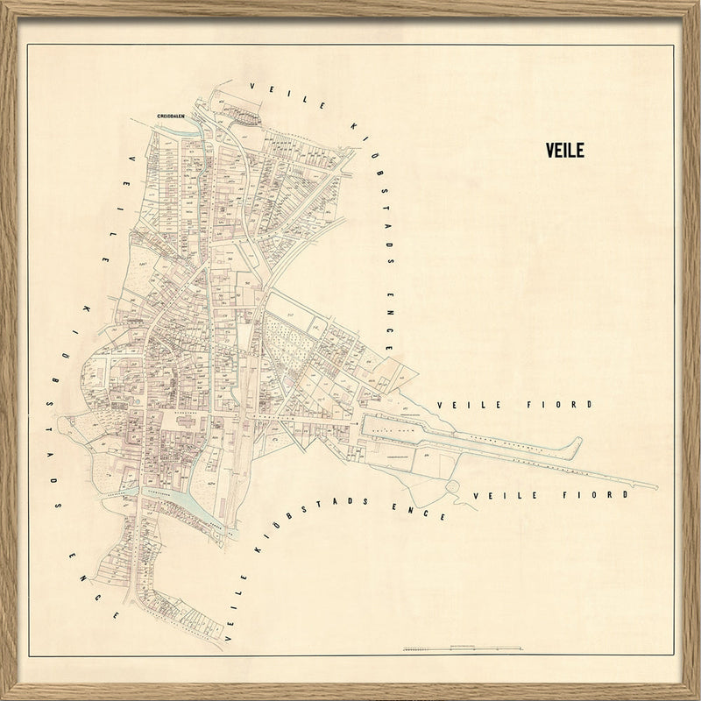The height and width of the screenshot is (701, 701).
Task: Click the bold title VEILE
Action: tap(564, 150)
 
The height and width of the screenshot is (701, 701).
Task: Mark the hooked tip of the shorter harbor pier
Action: tap(577, 441)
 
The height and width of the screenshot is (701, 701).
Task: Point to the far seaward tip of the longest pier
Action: tap(653, 485)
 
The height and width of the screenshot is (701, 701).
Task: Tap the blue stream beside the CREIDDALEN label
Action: tap(166, 132)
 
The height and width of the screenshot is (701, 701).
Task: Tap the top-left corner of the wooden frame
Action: tap(5, 5)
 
